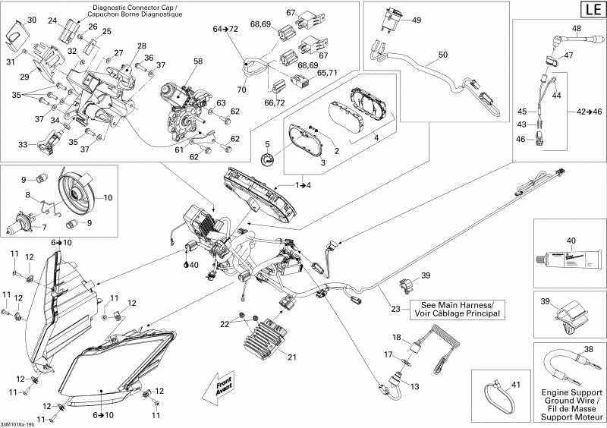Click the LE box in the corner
coord(591,10)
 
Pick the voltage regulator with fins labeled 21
coord(271,334)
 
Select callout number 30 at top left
coord(31,20)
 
